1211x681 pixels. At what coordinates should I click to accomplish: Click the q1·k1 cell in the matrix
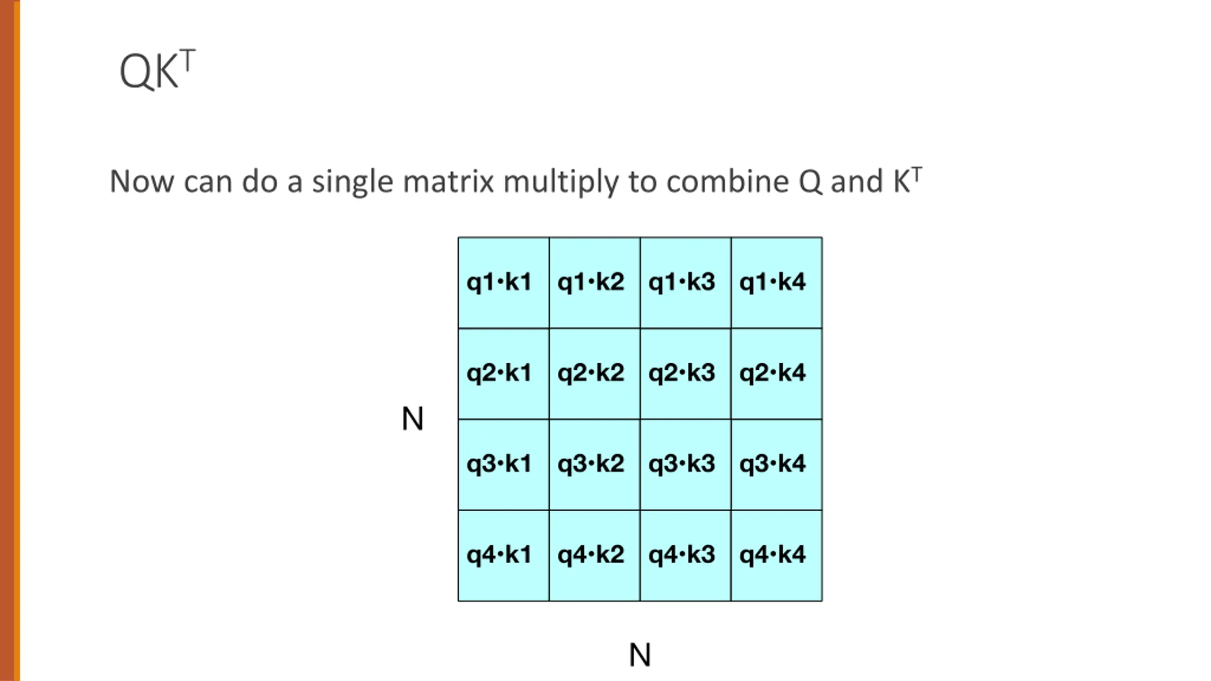pos(503,282)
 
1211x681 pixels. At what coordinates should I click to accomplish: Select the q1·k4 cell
pos(776,282)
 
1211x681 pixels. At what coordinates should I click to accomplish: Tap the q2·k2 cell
pos(594,373)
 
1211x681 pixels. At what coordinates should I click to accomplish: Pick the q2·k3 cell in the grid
pos(685,373)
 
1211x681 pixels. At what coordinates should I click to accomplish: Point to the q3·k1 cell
pos(503,464)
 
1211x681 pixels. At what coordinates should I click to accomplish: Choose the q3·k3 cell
pos(685,464)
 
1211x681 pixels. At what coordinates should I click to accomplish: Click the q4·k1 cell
pos(503,555)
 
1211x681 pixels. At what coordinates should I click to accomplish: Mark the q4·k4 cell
pos(776,555)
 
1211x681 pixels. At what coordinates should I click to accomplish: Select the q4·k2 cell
pos(594,555)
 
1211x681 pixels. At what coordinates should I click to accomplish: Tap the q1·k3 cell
pos(685,282)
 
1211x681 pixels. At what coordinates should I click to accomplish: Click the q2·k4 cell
pos(776,373)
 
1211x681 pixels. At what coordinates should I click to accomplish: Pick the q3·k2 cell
pos(594,464)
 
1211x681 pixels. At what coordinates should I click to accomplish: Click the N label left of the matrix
pos(412,419)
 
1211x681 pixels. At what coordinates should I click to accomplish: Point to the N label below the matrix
pos(640,655)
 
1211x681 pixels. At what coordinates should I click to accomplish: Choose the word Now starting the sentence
pos(141,182)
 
